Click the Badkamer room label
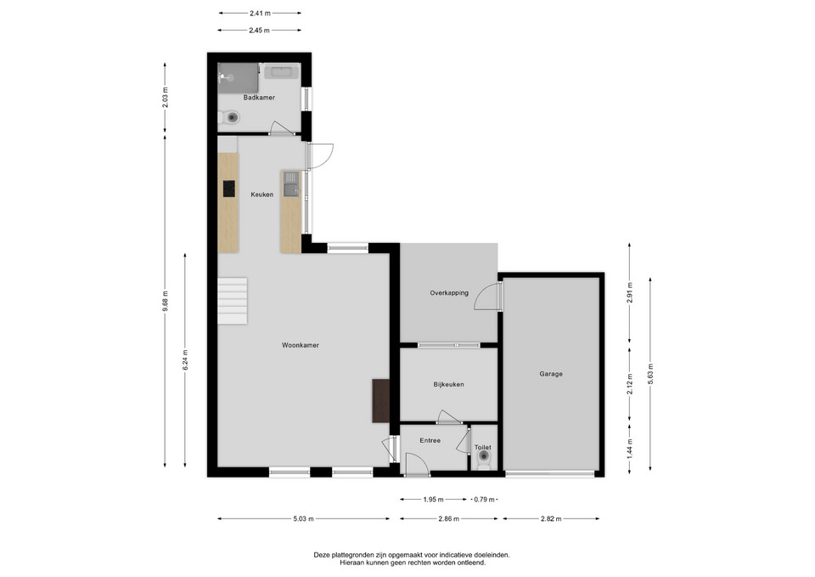coord(259,98)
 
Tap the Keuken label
coord(262,195)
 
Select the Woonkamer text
coord(301,345)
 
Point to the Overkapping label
coord(449,293)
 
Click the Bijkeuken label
coord(448,384)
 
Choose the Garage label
coord(551,374)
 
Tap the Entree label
coord(430,440)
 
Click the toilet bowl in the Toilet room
coord(484,458)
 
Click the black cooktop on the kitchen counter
coord(228,189)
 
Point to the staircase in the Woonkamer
coord(233,301)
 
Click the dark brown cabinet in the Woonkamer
coord(381,400)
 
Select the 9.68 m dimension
coord(165,301)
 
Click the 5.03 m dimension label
coord(304,518)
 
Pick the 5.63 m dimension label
coord(650,374)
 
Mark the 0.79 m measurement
coord(484,500)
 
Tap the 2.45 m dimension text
coord(259,31)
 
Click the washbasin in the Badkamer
coord(281,71)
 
